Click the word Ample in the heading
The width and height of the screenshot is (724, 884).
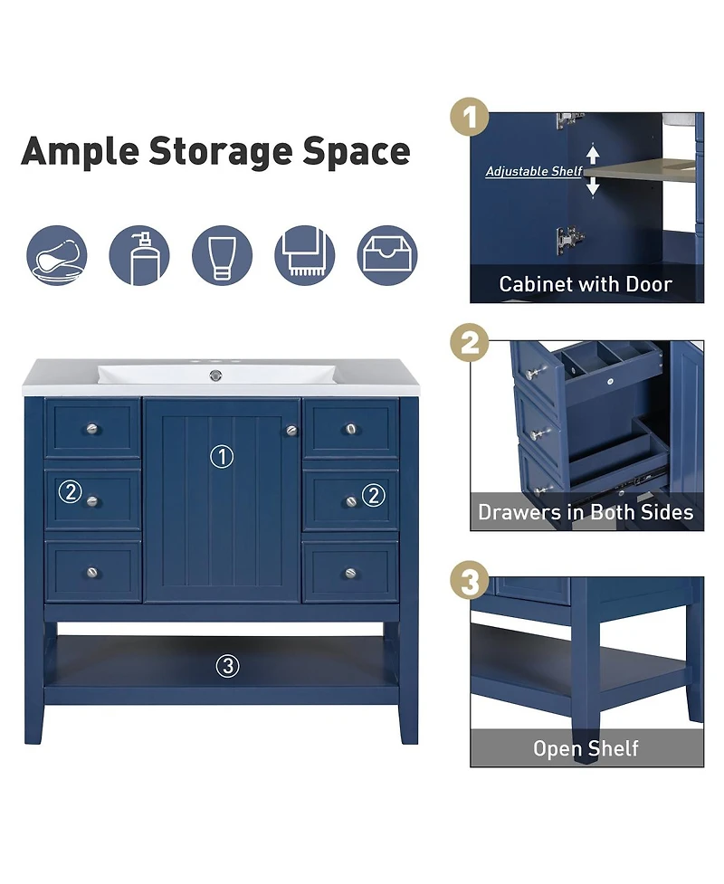coord(79,151)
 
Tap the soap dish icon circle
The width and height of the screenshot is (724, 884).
coord(57,256)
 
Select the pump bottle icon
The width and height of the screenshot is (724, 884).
coord(139,256)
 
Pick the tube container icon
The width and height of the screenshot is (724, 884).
coord(222,256)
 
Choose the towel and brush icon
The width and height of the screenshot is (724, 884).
coord(304,256)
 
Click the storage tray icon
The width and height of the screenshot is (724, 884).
coord(387,256)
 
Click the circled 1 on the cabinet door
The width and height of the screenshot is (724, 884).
coord(222,457)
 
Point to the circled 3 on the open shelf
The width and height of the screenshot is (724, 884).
coord(227,667)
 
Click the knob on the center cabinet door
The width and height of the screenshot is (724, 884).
coord(291,431)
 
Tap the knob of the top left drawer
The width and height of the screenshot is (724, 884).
coord(91,429)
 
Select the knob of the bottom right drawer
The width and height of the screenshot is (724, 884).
coord(351,573)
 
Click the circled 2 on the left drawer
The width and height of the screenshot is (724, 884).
coord(70,493)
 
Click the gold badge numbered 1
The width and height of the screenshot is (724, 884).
coord(470,119)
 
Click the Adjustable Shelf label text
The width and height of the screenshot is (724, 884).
coord(534,171)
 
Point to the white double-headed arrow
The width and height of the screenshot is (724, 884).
coord(593,171)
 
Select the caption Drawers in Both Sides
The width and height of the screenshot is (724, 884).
coord(586,513)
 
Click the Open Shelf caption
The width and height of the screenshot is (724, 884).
coord(586,748)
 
